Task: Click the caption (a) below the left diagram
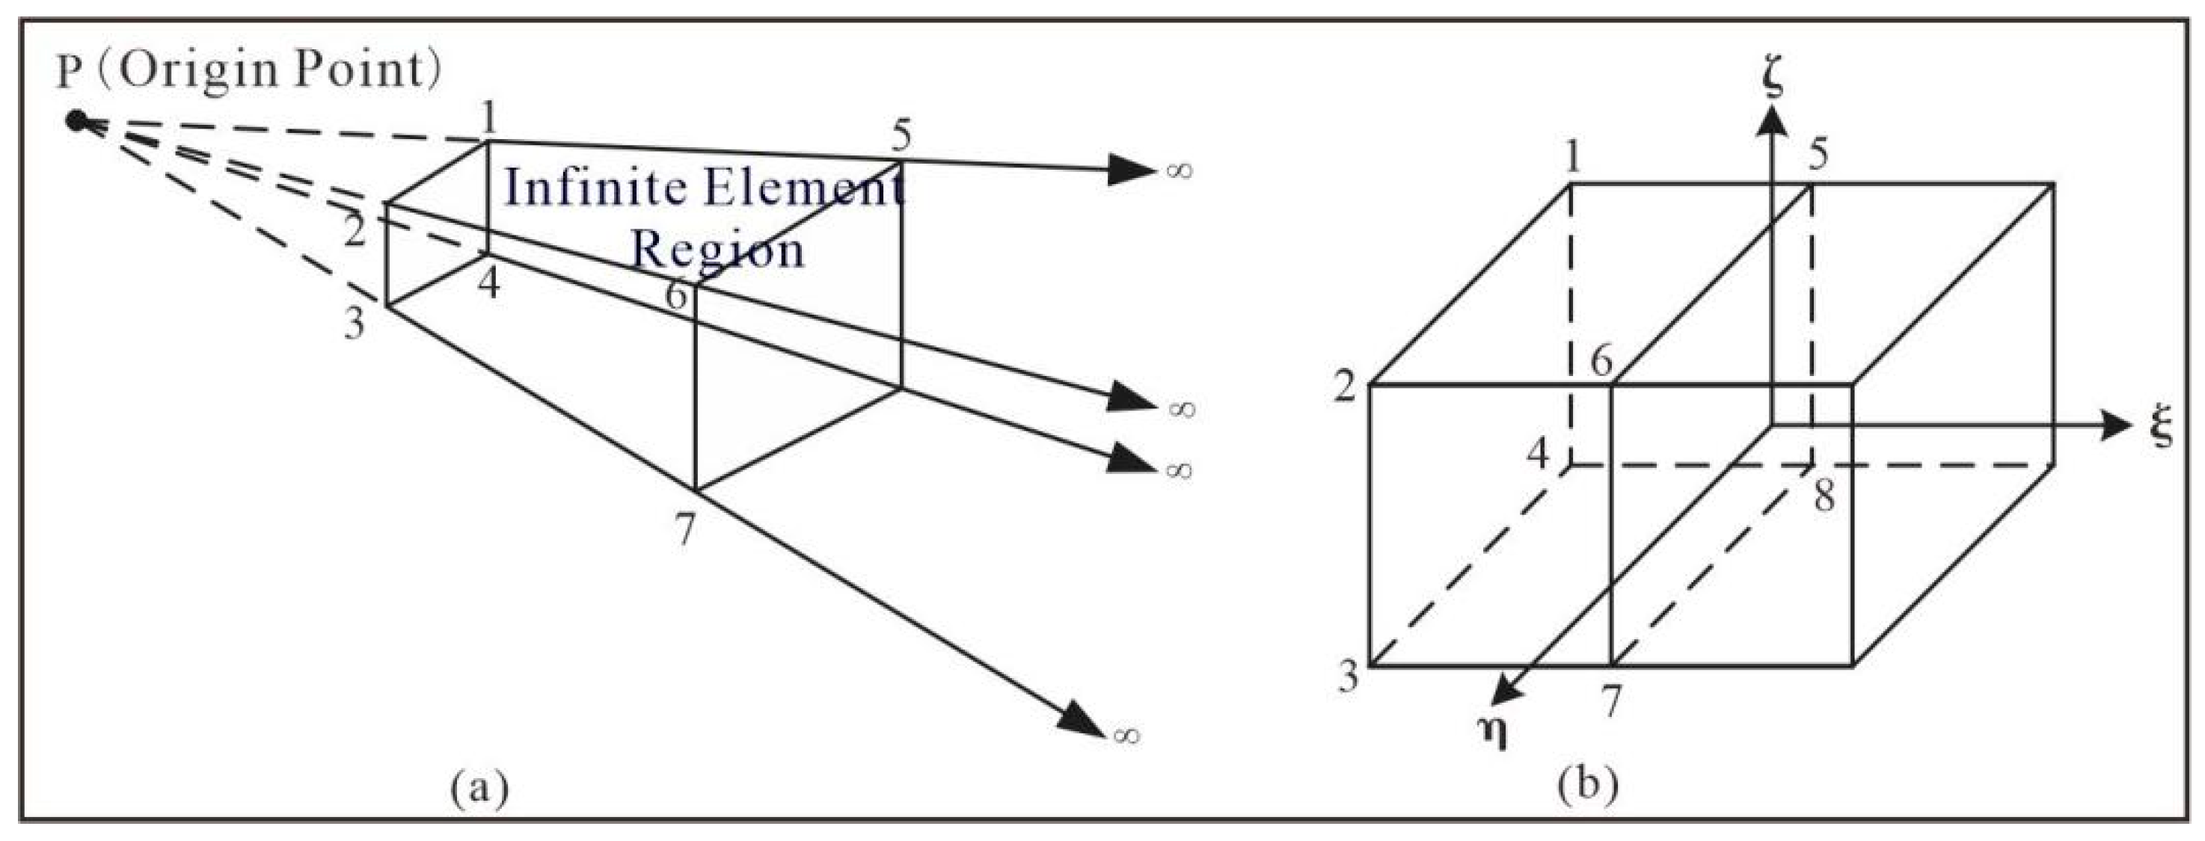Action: pyautogui.click(x=479, y=786)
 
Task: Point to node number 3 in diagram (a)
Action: pyautogui.click(x=354, y=324)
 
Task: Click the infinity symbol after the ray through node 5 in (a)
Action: pyautogui.click(x=1179, y=170)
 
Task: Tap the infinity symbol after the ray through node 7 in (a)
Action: pyautogui.click(x=1126, y=735)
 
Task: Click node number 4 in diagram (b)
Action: pyautogui.click(x=1539, y=455)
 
